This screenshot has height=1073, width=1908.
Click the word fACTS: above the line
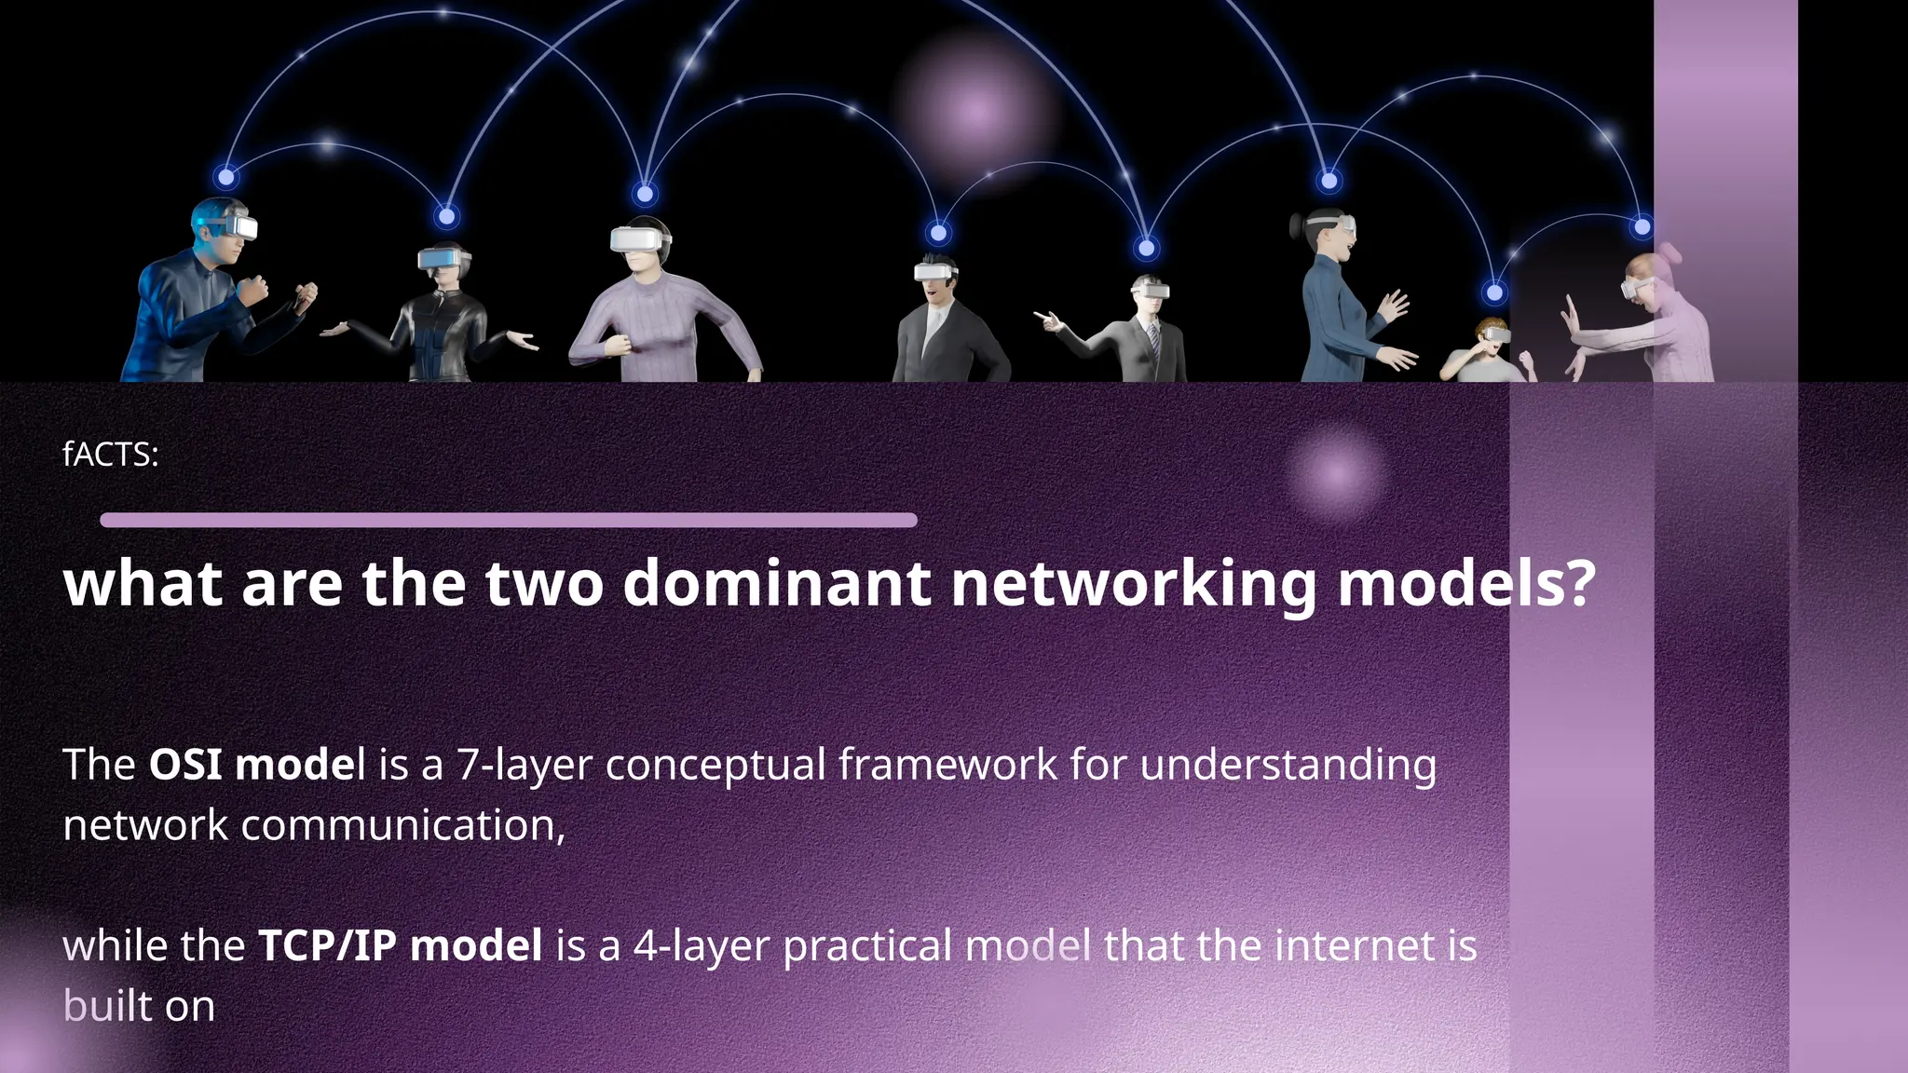click(x=110, y=455)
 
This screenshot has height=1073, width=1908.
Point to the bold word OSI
click(x=185, y=765)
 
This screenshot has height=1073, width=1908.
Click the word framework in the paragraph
click(x=947, y=765)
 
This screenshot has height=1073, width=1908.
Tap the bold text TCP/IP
click(x=327, y=945)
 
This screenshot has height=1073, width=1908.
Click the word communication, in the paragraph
click(x=402, y=825)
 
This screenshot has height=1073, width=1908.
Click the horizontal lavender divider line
click(x=509, y=520)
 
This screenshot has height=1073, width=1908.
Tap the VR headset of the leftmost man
click(x=238, y=224)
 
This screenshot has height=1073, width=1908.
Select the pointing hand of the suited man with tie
click(x=1047, y=320)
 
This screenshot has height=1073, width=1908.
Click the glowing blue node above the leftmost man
click(x=226, y=176)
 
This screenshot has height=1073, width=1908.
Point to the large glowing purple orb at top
click(x=975, y=111)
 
